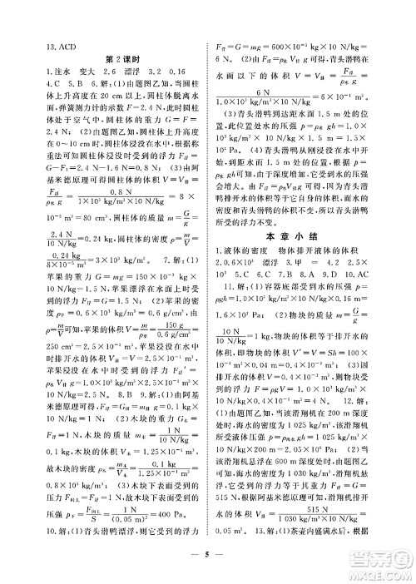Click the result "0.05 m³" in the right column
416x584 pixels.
coord(235,530)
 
